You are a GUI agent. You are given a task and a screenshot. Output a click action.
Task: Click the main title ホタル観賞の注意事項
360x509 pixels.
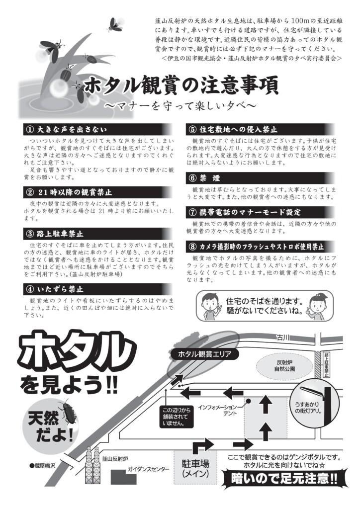(181, 86)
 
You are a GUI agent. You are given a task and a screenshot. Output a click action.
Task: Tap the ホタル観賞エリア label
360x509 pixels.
(204, 354)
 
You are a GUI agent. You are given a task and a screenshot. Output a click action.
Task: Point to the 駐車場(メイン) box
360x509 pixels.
(195, 468)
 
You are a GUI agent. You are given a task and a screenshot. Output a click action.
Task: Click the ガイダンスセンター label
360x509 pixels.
(148, 469)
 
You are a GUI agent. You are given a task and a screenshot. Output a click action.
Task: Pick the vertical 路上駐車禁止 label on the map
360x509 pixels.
(326, 364)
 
